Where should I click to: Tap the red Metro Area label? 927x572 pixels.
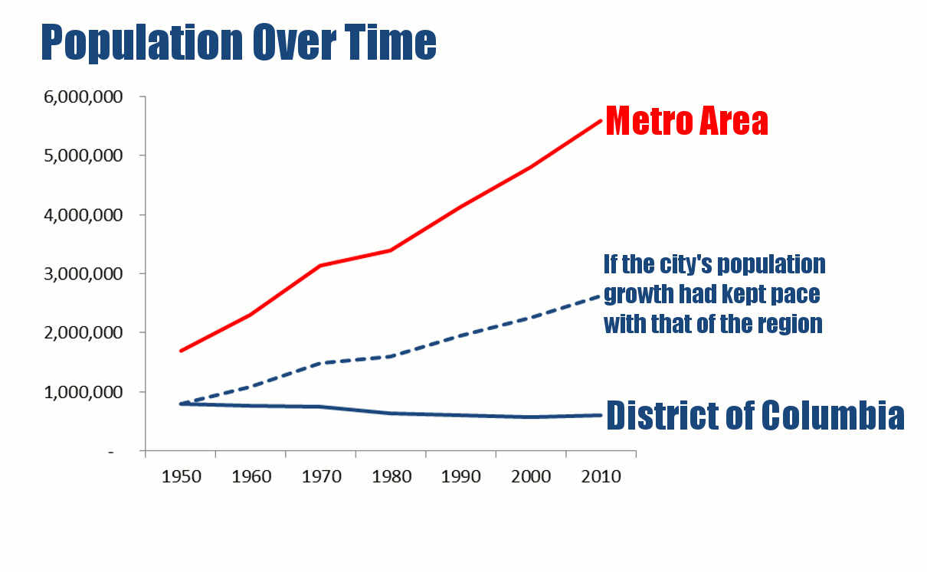coord(686,121)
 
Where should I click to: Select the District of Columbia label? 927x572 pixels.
coord(755,415)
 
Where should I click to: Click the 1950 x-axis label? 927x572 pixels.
coord(181,476)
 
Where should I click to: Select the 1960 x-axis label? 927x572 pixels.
coord(251,476)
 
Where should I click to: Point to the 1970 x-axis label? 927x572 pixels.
coord(321,476)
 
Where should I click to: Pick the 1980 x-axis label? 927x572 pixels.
coord(391,476)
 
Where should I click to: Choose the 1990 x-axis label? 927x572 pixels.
coord(461,476)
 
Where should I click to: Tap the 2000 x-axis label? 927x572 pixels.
coord(531,476)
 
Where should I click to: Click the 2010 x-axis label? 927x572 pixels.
coord(601,476)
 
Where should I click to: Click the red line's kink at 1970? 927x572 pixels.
coord(321,266)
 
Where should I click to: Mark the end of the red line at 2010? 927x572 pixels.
coord(600,121)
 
